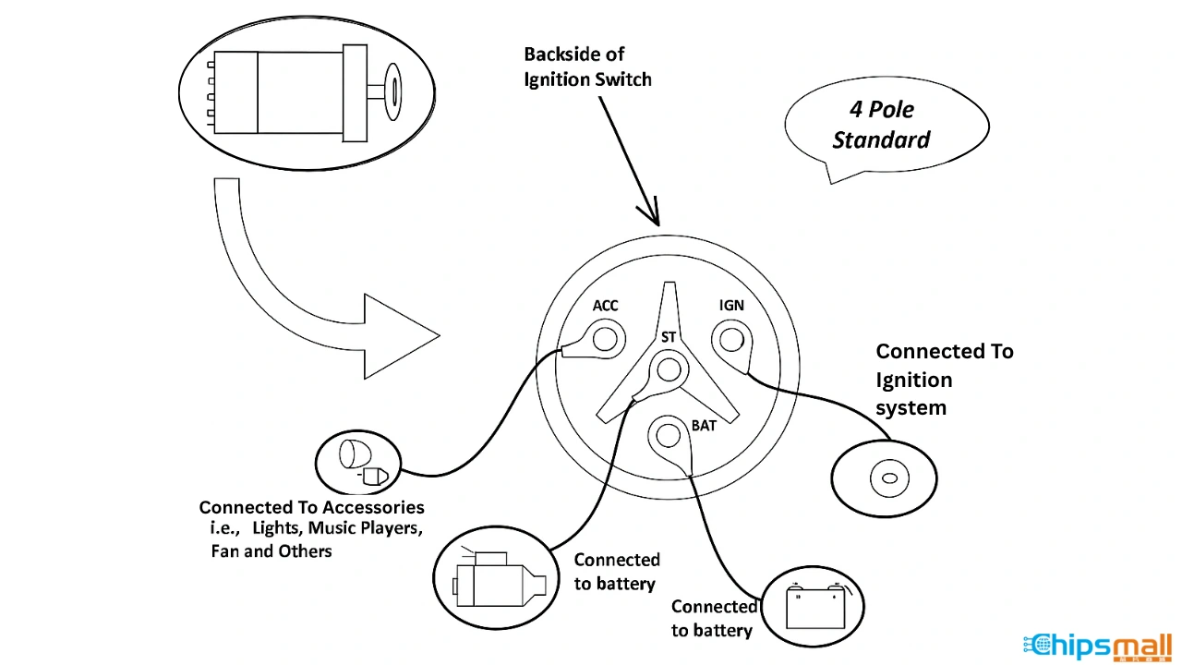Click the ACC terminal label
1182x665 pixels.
(x=605, y=306)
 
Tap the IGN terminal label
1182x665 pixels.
(x=731, y=306)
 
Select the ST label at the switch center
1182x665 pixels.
(x=668, y=337)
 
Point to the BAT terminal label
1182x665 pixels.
(x=704, y=426)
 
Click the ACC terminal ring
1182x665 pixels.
(x=605, y=339)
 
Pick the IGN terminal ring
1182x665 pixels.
(x=730, y=340)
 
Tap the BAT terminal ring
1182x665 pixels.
(x=667, y=434)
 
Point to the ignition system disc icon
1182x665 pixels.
(x=885, y=478)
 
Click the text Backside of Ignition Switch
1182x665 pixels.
(x=587, y=67)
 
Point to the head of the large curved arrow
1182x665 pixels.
(x=403, y=336)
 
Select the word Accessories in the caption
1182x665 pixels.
(x=373, y=507)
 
